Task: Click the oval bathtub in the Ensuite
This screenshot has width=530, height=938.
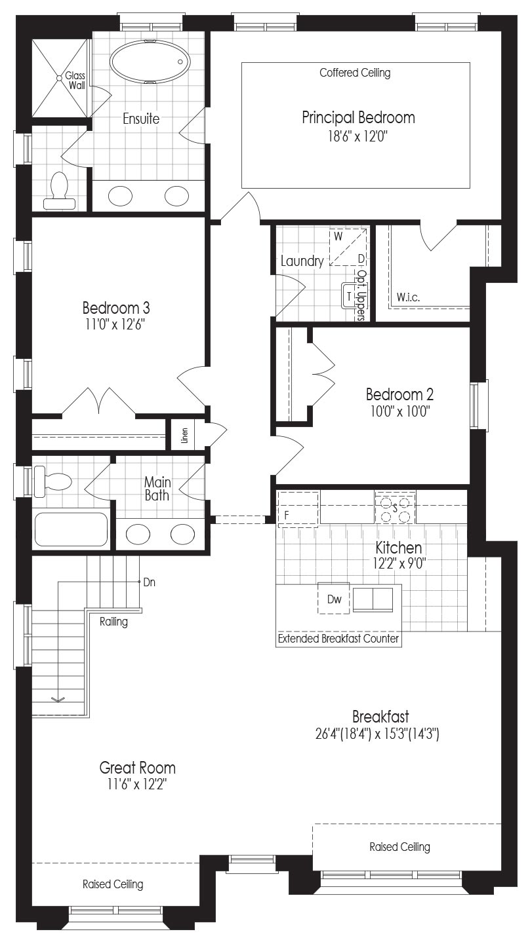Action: coord(150,62)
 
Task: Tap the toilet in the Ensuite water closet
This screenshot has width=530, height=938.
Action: coord(59,191)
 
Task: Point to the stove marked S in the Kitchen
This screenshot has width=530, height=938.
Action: coord(395,507)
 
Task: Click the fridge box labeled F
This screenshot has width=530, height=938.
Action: coord(298,509)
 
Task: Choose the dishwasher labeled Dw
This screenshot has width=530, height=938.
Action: coord(334,599)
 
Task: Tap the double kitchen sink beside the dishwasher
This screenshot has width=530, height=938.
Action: coord(373,599)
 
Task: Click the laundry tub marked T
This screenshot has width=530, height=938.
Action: coord(349,296)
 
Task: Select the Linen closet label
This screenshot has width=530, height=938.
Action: coord(184,435)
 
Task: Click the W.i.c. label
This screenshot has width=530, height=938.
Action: coord(408,298)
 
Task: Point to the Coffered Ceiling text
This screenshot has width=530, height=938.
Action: coord(355,73)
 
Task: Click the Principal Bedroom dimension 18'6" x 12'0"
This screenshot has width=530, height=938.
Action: coord(356,136)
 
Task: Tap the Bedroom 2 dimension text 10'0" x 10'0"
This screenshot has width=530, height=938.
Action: coord(400,411)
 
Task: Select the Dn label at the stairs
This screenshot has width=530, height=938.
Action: coord(150,582)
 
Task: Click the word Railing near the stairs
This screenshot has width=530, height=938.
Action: coord(113,622)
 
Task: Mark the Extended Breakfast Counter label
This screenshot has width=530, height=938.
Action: coord(338,639)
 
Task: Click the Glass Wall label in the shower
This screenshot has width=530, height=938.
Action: coord(75,81)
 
